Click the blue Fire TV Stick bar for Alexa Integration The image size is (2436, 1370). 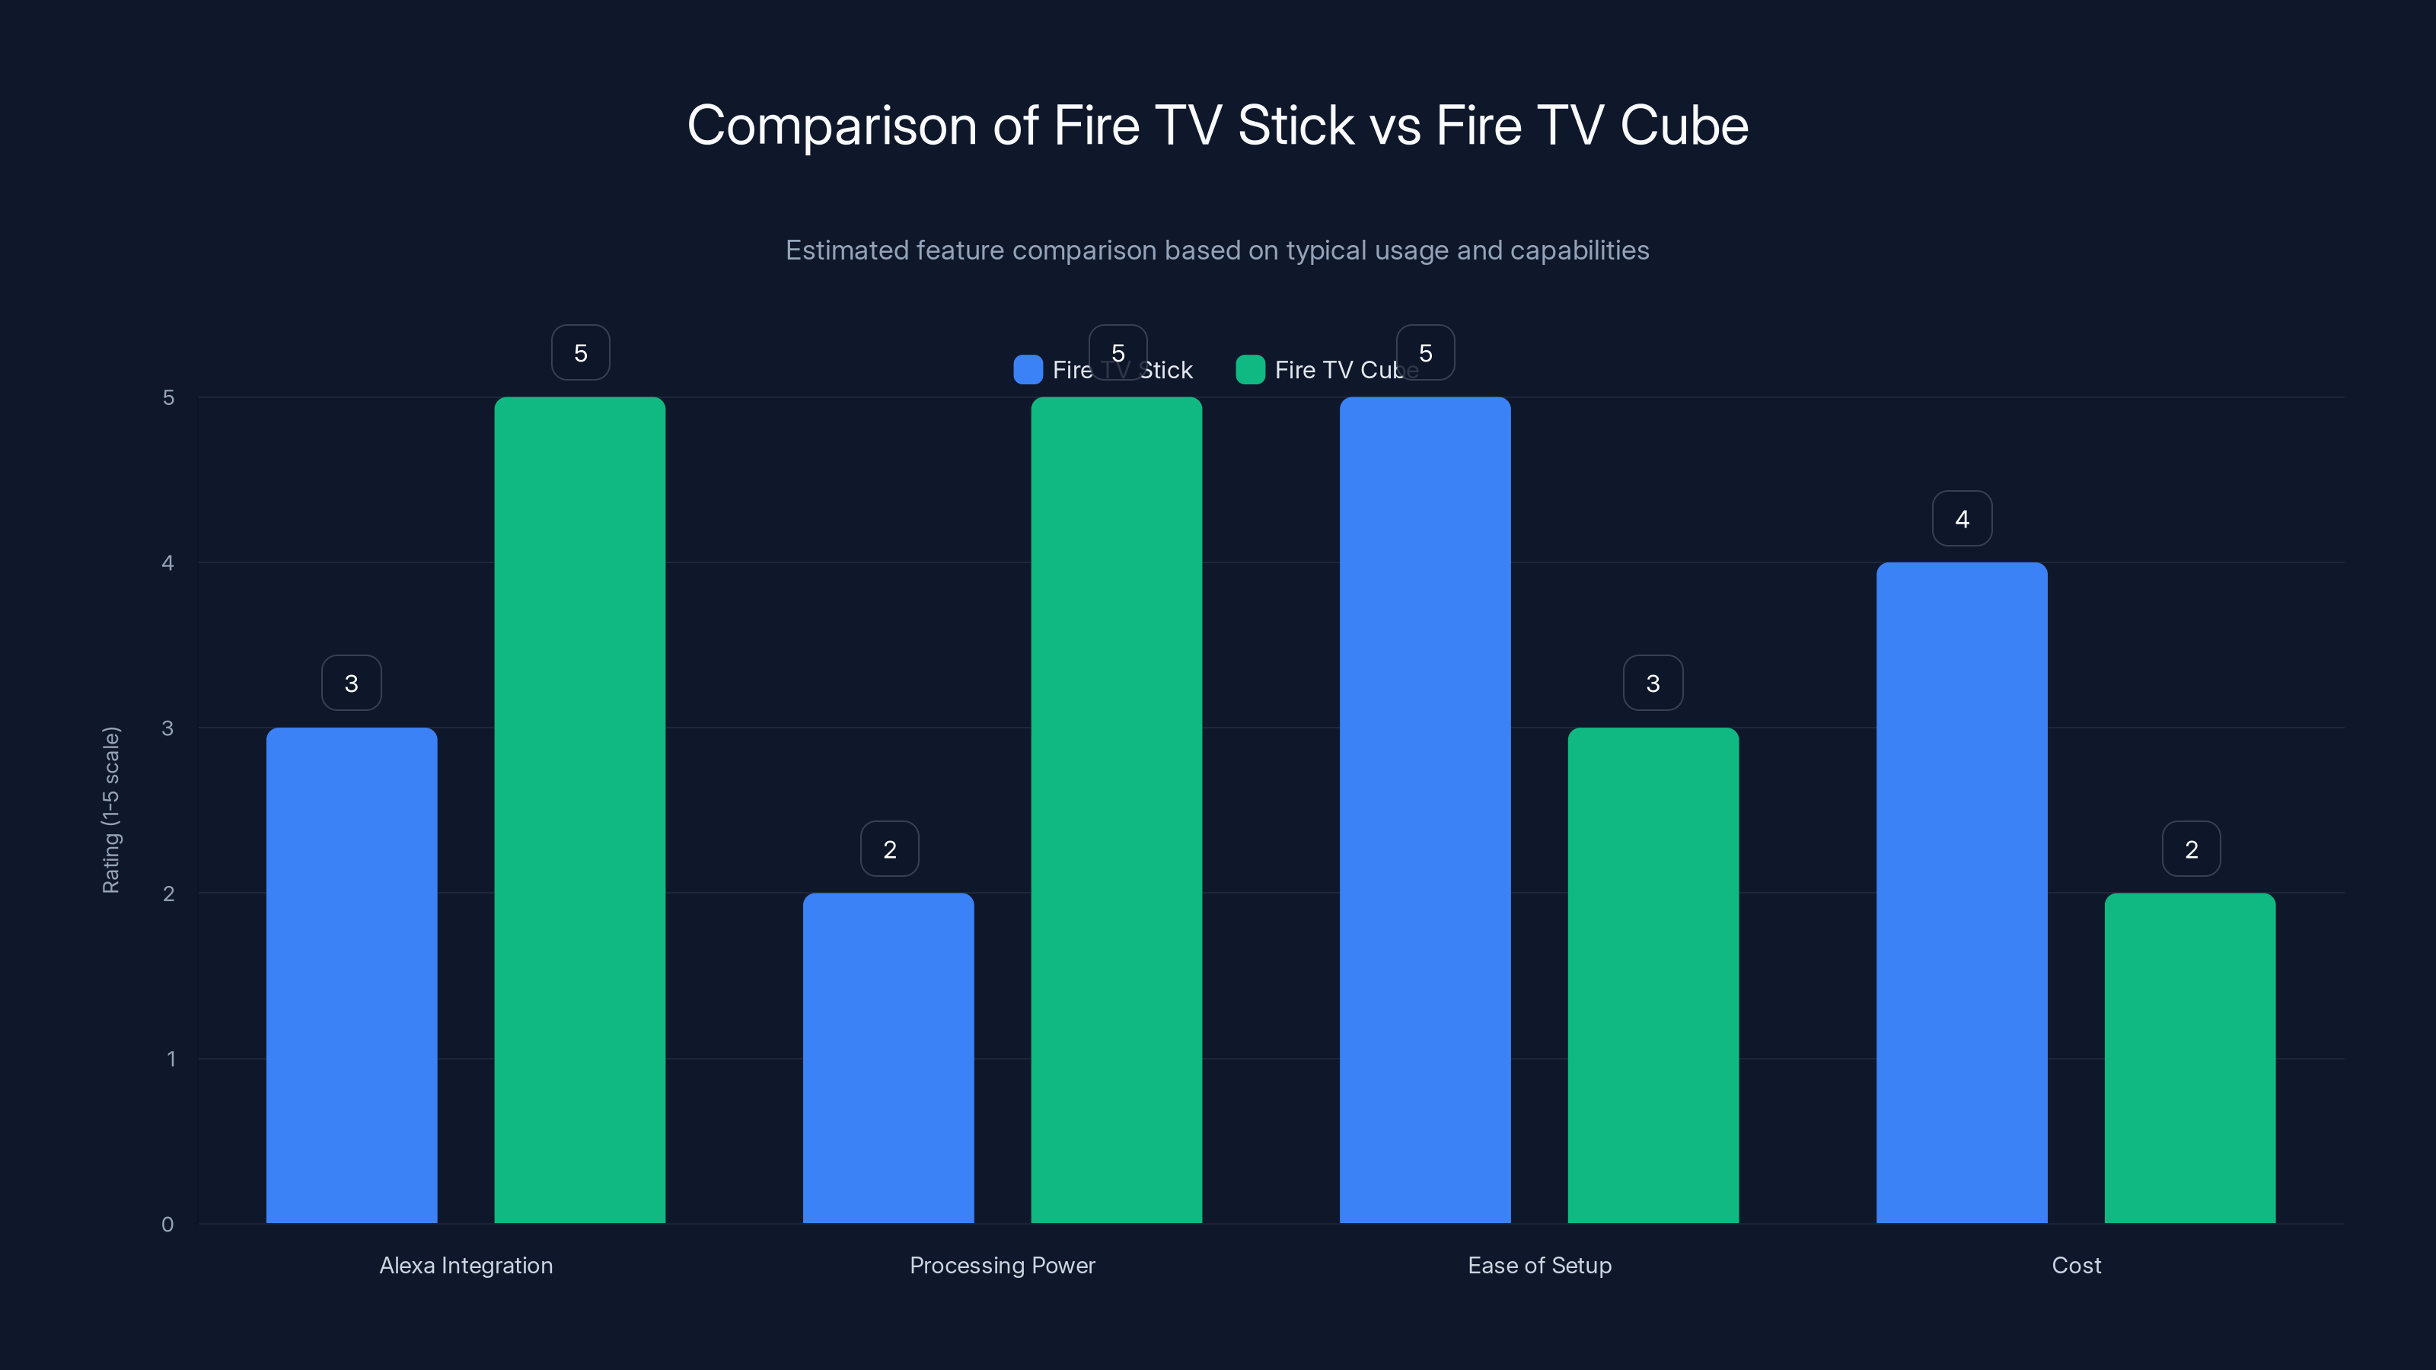[x=351, y=974]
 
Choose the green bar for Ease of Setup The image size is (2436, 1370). [x=1653, y=974]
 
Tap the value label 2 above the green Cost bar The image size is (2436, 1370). [x=2190, y=849]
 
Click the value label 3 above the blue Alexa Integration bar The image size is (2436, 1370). [x=351, y=683]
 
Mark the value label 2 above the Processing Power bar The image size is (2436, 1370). [x=889, y=849]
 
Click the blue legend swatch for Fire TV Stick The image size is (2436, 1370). [x=1027, y=370]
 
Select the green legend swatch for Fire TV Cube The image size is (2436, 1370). [x=1249, y=370]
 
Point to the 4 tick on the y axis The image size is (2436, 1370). [x=167, y=562]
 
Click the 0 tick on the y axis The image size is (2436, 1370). [x=167, y=1225]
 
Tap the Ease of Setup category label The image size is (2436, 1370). [x=1538, y=1265]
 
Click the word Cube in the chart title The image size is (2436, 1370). [x=1683, y=126]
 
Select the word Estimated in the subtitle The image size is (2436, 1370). [x=847, y=250]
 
